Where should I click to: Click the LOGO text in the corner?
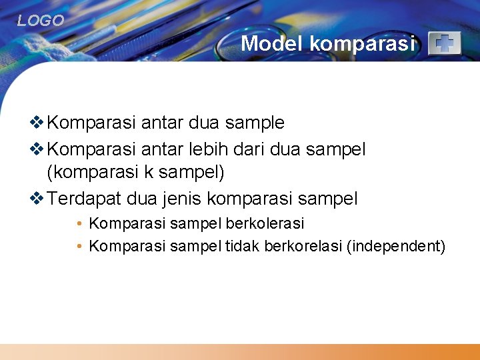(x=41, y=21)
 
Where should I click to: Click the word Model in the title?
(x=272, y=43)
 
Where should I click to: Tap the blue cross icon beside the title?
(x=444, y=44)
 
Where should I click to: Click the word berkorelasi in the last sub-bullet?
(x=303, y=247)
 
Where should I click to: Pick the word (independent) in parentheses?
(x=396, y=247)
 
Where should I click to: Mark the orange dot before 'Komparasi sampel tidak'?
(x=79, y=247)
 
